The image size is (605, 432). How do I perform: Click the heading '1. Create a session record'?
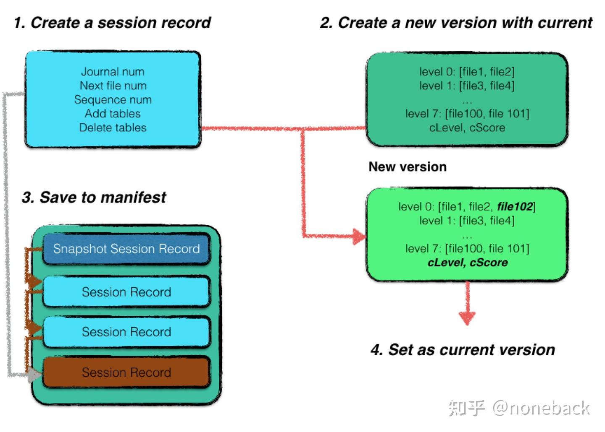pyautogui.click(x=112, y=23)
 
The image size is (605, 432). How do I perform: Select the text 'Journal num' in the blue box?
pyautogui.click(x=113, y=72)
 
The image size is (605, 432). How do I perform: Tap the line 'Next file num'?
pyautogui.click(x=113, y=86)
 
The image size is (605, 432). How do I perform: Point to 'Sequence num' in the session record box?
pyautogui.click(x=113, y=100)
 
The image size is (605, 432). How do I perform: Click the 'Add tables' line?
pyautogui.click(x=113, y=114)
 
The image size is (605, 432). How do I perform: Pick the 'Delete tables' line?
pyautogui.click(x=113, y=128)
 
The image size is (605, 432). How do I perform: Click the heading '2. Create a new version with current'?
pyautogui.click(x=456, y=23)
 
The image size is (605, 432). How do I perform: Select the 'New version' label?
pyautogui.click(x=407, y=167)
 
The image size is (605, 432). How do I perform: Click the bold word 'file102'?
pyautogui.click(x=515, y=206)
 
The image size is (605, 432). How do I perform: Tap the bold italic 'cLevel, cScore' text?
pyautogui.click(x=467, y=263)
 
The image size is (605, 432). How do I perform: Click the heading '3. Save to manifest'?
pyautogui.click(x=94, y=197)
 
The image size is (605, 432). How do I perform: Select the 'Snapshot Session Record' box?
pyautogui.click(x=126, y=249)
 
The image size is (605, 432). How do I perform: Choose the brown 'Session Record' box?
pyautogui.click(x=126, y=372)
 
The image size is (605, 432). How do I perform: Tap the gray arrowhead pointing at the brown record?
pyautogui.click(x=34, y=375)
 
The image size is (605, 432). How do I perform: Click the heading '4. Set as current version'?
pyautogui.click(x=463, y=349)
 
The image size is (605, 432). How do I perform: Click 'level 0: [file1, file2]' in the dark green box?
pyautogui.click(x=466, y=72)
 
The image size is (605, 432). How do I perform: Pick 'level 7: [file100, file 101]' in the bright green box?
pyautogui.click(x=467, y=249)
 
